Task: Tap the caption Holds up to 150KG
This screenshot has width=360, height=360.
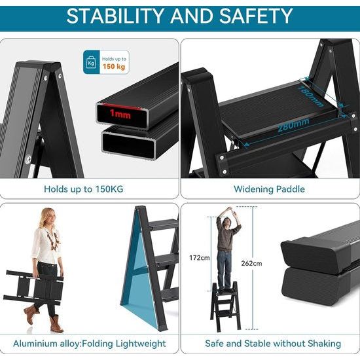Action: tap(84, 189)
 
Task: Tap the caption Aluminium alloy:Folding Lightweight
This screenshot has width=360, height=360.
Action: tap(90, 343)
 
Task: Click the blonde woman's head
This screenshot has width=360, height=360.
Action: tap(48, 217)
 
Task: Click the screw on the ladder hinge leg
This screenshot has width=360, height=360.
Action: tap(28, 158)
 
